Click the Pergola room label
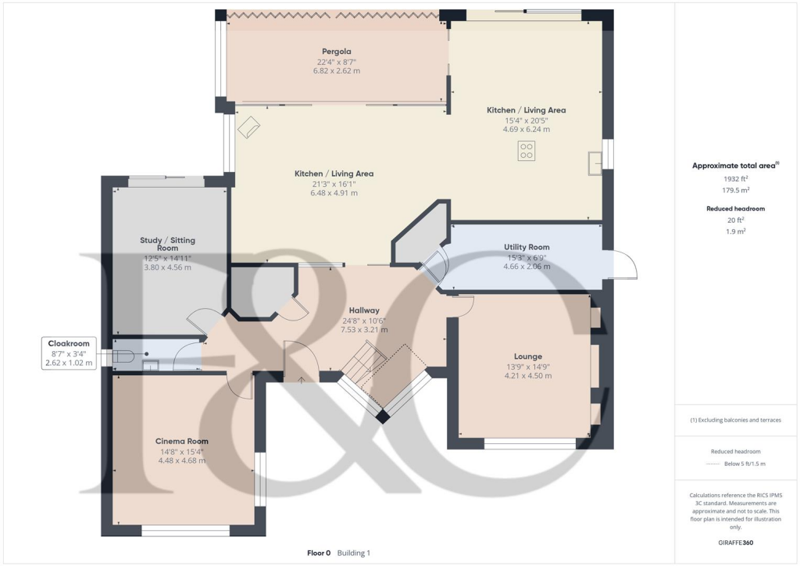[335, 52]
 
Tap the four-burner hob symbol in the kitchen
[527, 152]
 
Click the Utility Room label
[527, 248]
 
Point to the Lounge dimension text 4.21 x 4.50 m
[527, 376]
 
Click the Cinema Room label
[181, 441]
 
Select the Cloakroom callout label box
[70, 353]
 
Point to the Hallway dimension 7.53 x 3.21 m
[364, 330]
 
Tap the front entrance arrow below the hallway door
[302, 379]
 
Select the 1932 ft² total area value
[735, 179]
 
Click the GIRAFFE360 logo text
[735, 543]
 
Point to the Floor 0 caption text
[320, 553]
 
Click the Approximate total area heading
[735, 166]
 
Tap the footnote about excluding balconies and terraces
[735, 420]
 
